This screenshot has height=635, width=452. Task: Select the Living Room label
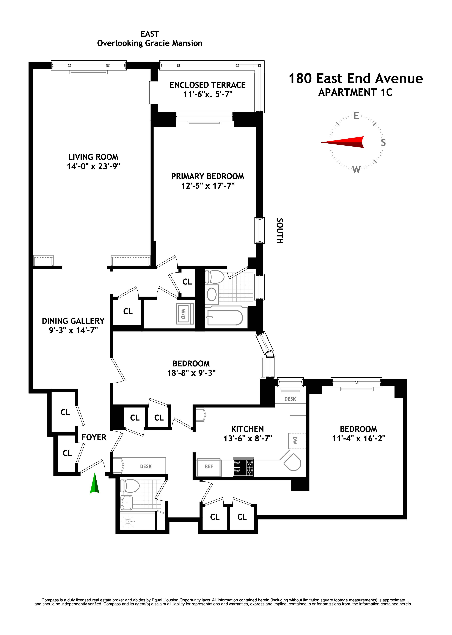click(x=93, y=157)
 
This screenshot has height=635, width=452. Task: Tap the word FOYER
click(x=94, y=437)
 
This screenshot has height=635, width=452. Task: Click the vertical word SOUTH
click(x=280, y=231)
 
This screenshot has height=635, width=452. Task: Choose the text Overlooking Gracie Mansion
click(x=150, y=43)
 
